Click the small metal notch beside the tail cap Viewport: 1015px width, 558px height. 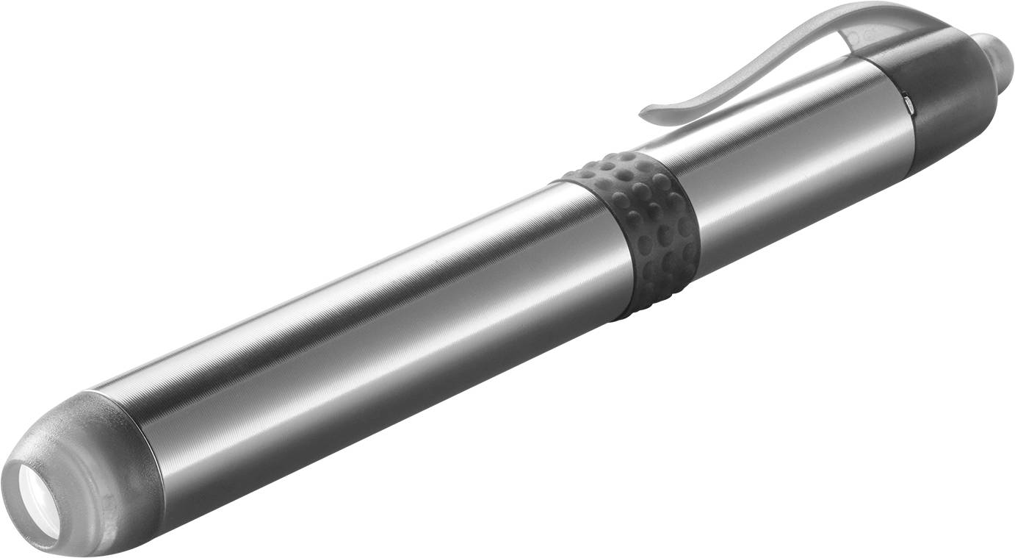(909, 104)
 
